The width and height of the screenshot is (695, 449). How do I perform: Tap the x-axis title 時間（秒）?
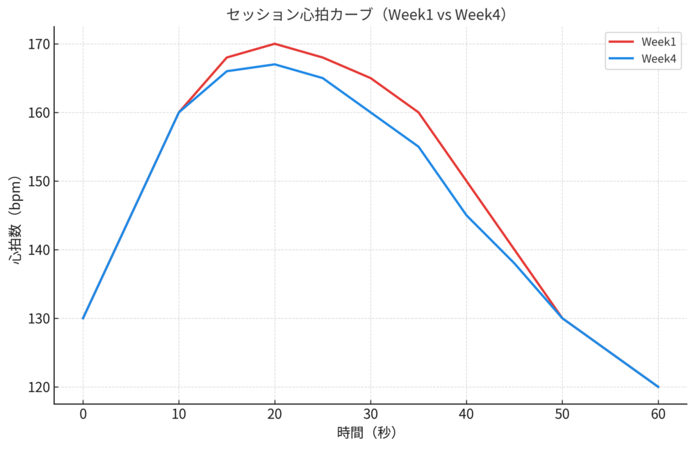click(366, 432)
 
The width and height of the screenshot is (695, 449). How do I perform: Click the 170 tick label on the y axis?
click(38, 44)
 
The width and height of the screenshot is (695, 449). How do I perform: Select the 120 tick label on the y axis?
click(38, 387)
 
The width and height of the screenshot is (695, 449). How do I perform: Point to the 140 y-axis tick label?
click(38, 250)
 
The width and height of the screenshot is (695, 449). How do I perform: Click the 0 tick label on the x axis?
click(83, 414)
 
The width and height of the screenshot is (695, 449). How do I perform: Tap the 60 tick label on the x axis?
click(658, 414)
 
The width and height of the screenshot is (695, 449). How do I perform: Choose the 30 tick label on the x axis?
click(370, 414)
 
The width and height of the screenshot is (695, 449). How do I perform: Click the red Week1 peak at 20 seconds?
click(275, 44)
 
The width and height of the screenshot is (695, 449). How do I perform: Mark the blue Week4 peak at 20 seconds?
click(275, 65)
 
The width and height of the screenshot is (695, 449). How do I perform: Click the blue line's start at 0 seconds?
click(83, 318)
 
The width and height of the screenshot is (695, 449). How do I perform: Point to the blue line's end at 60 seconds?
click(658, 387)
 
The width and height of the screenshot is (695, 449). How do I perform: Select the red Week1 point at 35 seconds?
click(418, 113)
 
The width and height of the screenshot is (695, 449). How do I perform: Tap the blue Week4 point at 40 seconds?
click(466, 215)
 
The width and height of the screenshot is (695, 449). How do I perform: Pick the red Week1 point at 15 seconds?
click(227, 58)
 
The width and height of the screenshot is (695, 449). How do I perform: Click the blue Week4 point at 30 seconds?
click(370, 113)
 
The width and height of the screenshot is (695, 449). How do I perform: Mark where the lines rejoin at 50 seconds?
click(562, 318)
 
